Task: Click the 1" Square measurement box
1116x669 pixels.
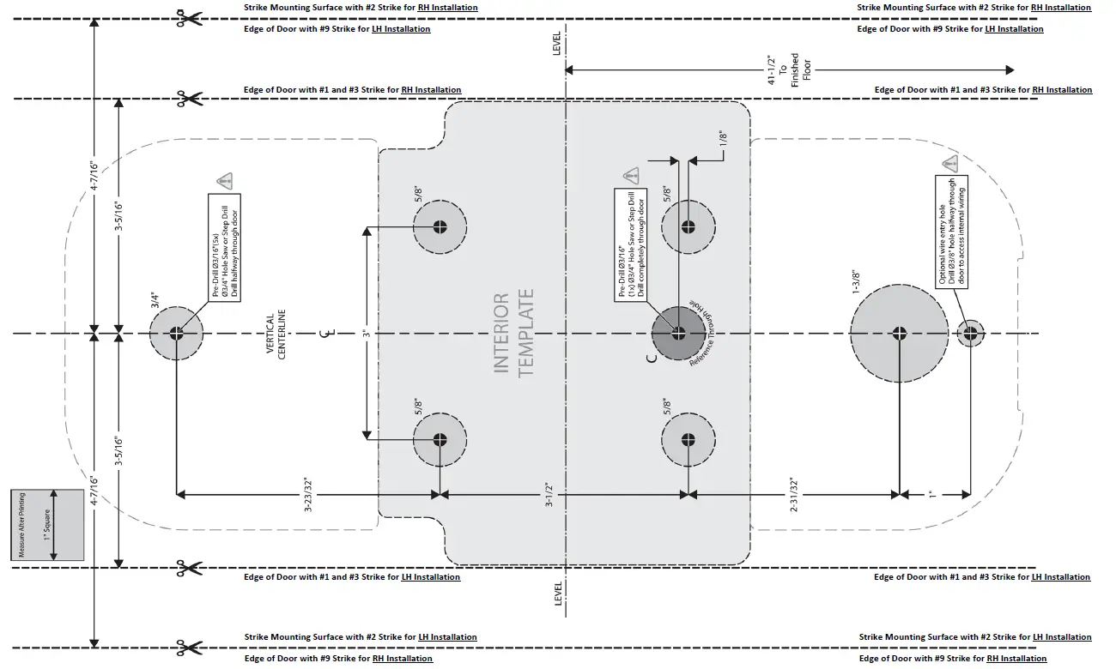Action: [47, 525]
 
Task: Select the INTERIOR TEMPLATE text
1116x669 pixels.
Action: [514, 334]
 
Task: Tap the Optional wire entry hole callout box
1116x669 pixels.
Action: [951, 232]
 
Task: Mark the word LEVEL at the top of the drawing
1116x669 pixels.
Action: [556, 45]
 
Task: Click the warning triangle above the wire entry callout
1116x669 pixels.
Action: [949, 164]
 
